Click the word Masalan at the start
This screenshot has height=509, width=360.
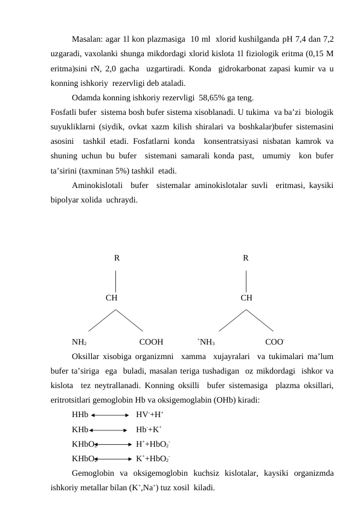86,39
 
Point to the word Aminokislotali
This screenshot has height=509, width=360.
97,184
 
